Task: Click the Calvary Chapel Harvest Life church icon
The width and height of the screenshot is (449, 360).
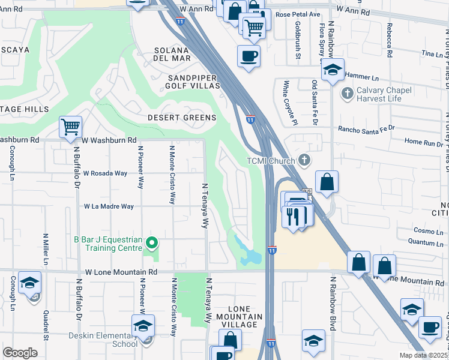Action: point(346,93)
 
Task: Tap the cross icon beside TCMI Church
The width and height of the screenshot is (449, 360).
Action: point(305,160)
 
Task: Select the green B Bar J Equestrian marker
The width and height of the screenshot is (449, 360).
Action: point(152,243)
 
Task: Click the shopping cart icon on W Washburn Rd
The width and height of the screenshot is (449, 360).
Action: point(70,127)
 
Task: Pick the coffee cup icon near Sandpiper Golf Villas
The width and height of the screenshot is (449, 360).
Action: point(249,56)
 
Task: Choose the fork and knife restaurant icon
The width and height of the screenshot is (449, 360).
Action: point(293,215)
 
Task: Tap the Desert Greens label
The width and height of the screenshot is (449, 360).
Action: point(182,118)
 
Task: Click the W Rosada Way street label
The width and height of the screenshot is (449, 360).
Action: point(105,173)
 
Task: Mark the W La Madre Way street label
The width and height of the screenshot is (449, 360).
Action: point(109,206)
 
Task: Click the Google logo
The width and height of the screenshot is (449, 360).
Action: point(20,353)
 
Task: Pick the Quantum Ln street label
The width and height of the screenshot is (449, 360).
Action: point(420,242)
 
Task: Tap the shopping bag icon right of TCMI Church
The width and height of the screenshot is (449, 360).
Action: point(326,182)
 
